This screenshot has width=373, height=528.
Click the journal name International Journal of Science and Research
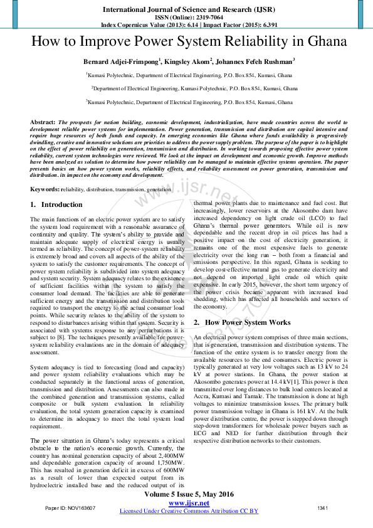click(186, 10)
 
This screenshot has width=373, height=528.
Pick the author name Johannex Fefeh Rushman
click(255, 61)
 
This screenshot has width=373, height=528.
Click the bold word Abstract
click(43, 122)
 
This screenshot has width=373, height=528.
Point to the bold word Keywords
click(45, 189)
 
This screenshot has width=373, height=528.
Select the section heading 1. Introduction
click(56, 204)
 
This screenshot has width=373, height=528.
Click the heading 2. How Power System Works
click(242, 322)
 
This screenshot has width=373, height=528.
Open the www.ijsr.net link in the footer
click(189, 503)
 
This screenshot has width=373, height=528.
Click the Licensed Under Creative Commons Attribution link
click(189, 511)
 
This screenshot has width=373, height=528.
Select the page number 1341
click(323, 508)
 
